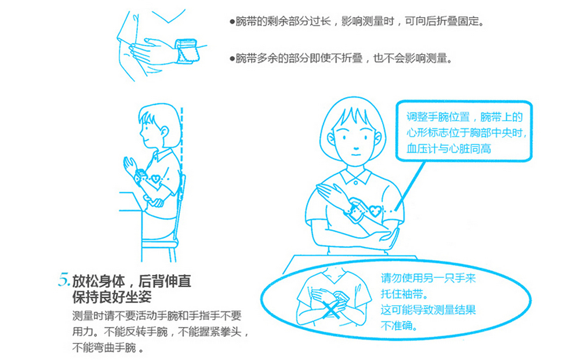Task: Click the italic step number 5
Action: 64,280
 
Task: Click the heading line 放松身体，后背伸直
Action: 132,281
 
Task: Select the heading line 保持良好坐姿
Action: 112,297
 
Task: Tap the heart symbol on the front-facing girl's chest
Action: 375,211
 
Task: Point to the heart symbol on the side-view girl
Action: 155,179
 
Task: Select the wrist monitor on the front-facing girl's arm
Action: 354,210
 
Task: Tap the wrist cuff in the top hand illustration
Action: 186,51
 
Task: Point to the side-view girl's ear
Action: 164,132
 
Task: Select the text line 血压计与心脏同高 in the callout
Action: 449,148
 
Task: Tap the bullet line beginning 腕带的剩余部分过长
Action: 357,21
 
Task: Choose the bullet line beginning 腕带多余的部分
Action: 341,58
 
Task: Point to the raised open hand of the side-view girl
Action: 130,165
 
